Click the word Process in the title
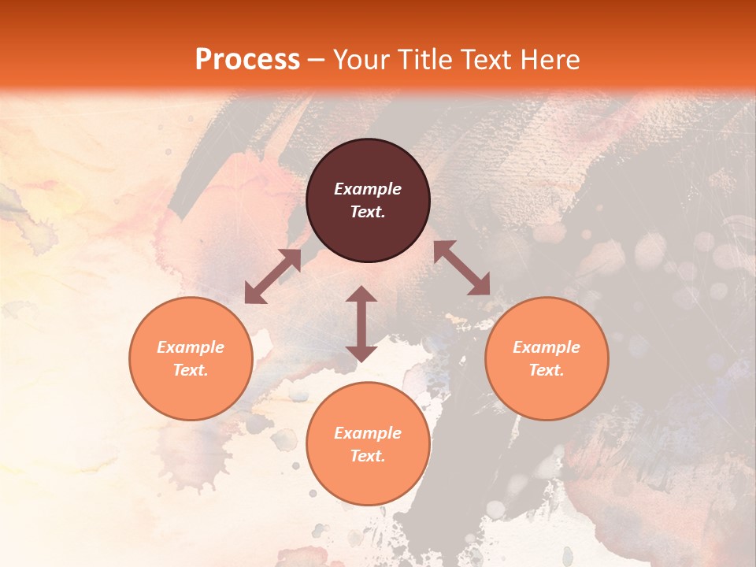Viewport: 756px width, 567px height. click(x=247, y=59)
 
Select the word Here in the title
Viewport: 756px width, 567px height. click(x=552, y=59)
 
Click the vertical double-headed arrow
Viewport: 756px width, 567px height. click(x=361, y=324)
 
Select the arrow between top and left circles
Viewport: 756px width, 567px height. click(x=273, y=276)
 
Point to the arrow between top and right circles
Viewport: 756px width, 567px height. click(x=462, y=268)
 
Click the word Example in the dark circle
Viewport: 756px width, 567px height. click(x=368, y=189)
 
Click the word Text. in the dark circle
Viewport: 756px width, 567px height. click(x=368, y=212)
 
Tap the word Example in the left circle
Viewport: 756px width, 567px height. click(x=191, y=347)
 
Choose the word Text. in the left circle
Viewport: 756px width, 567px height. click(x=191, y=370)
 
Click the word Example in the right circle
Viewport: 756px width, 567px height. click(x=547, y=347)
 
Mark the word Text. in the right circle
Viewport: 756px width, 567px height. click(x=547, y=370)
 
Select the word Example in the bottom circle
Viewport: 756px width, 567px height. click(x=368, y=433)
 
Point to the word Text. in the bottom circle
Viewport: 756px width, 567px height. click(x=368, y=456)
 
